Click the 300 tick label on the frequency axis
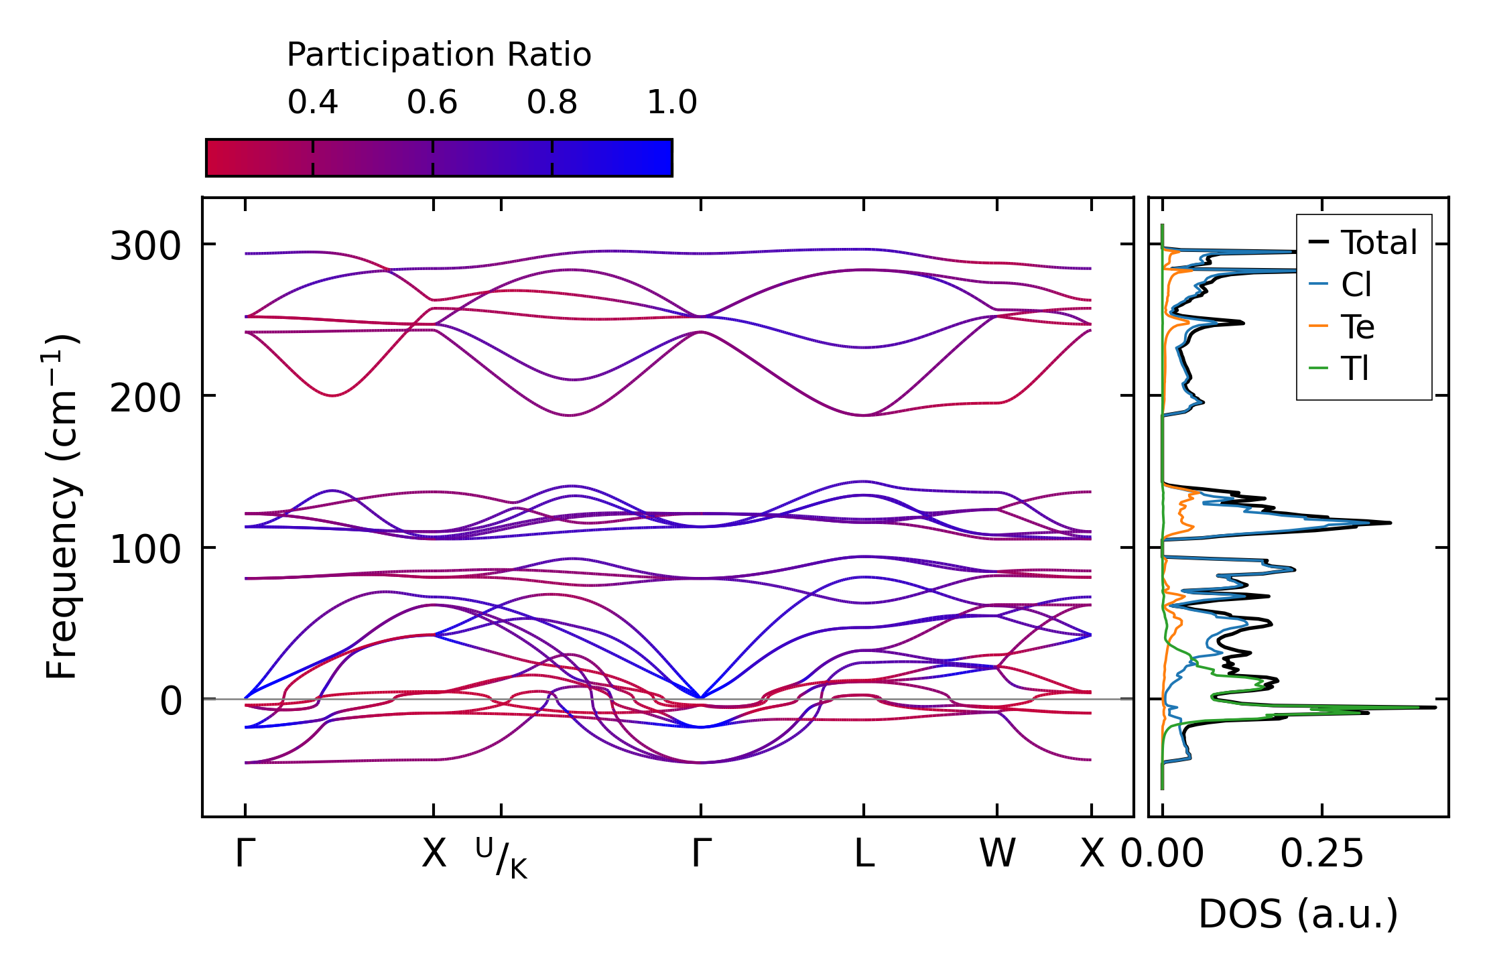(145, 246)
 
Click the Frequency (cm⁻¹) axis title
(62, 506)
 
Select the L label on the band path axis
(864, 854)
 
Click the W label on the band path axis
(997, 854)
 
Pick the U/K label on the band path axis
(502, 858)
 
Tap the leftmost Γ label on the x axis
(245, 854)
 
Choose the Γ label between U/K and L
(701, 854)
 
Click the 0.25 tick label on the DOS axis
(1321, 854)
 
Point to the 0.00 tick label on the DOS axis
(1162, 854)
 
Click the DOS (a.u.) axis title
(1298, 914)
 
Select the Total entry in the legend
(1362, 242)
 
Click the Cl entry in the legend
(1340, 284)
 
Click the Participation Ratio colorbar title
(439, 55)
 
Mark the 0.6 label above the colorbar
(432, 103)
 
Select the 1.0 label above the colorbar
(672, 103)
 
